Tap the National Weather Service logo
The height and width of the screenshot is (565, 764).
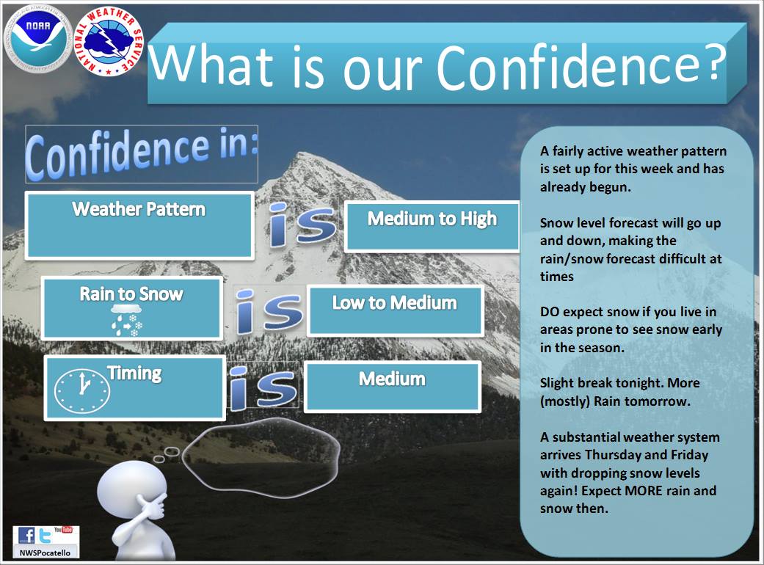click(109, 42)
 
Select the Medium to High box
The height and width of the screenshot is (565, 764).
click(432, 227)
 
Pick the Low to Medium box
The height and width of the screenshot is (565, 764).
click(395, 311)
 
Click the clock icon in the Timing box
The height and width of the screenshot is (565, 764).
click(82, 391)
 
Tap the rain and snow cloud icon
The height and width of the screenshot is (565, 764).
click(126, 321)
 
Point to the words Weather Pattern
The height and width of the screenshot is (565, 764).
click(139, 209)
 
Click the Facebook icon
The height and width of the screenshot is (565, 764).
click(26, 536)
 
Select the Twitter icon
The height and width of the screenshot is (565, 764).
click(45, 536)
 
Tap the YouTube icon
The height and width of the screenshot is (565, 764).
click(63, 530)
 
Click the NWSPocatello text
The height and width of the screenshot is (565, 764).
click(45, 553)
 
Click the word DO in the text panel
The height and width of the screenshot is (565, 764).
click(550, 312)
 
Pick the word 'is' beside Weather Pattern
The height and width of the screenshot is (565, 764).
click(302, 225)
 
